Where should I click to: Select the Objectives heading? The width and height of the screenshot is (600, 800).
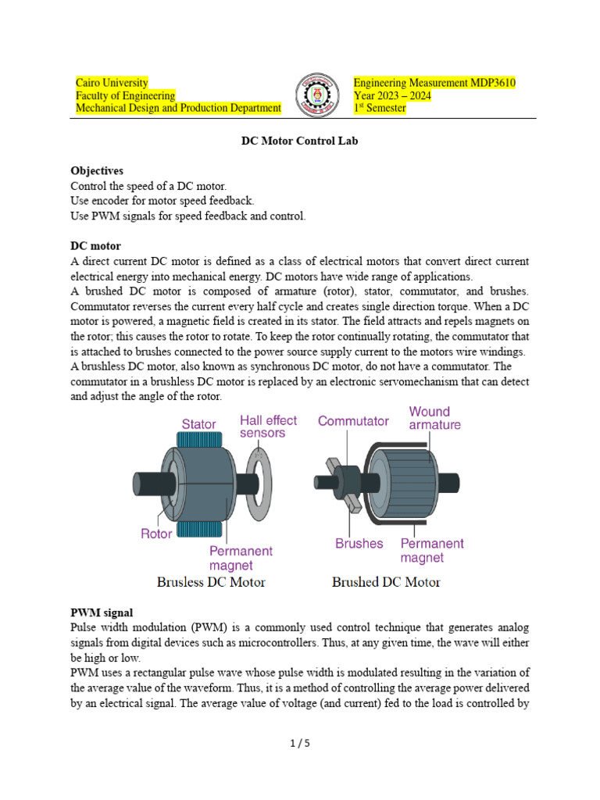[x=97, y=170]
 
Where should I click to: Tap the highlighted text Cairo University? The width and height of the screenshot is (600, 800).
[x=112, y=83]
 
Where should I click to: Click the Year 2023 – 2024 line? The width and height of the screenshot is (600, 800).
[x=392, y=95]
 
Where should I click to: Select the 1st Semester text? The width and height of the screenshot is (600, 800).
[x=380, y=108]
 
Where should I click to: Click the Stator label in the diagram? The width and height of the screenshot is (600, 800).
[x=198, y=424]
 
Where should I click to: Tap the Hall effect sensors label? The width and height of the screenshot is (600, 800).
[x=268, y=427]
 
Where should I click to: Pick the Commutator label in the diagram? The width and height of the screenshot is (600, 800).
[x=352, y=421]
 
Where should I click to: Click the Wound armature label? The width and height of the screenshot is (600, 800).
[x=434, y=418]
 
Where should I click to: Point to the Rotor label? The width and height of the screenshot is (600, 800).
[x=156, y=534]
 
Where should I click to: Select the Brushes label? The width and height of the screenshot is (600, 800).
[x=359, y=543]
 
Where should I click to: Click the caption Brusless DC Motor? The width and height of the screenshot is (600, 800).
[x=211, y=582]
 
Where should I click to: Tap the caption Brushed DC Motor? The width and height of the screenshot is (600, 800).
[x=386, y=582]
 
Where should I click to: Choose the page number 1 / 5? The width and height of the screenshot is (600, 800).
[x=300, y=743]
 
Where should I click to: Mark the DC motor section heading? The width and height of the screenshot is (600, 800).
[x=95, y=245]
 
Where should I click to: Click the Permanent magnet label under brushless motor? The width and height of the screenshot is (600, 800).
[x=241, y=558]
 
